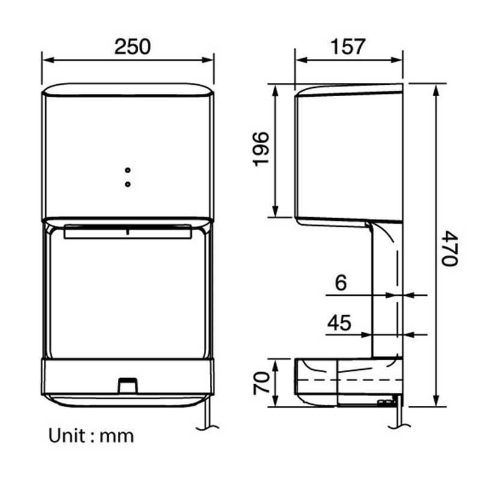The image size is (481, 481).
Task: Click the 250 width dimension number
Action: coord(132,47)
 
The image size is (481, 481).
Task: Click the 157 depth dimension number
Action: coord(348,47)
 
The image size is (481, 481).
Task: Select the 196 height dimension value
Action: coord(261,149)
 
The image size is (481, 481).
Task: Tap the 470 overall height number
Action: coord(450,249)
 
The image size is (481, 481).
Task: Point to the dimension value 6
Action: coord(341,283)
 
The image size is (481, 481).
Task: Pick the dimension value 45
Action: coord(339,322)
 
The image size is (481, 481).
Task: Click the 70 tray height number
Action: coord(261,383)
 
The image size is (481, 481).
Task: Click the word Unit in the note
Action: coord(67,435)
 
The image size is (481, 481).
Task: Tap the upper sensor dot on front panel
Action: coord(127,170)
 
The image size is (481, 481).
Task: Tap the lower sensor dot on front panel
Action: coord(127,184)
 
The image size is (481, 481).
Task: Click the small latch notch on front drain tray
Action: coord(128,385)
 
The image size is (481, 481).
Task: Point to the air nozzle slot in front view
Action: coord(127,231)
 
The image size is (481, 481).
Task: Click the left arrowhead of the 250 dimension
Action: coord(48,60)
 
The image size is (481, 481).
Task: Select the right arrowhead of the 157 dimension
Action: coord(397,60)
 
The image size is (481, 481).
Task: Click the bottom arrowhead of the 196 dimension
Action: coord(275,211)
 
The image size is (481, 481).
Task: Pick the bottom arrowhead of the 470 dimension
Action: coord(436,401)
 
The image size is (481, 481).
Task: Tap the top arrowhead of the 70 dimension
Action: coord(275,365)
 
